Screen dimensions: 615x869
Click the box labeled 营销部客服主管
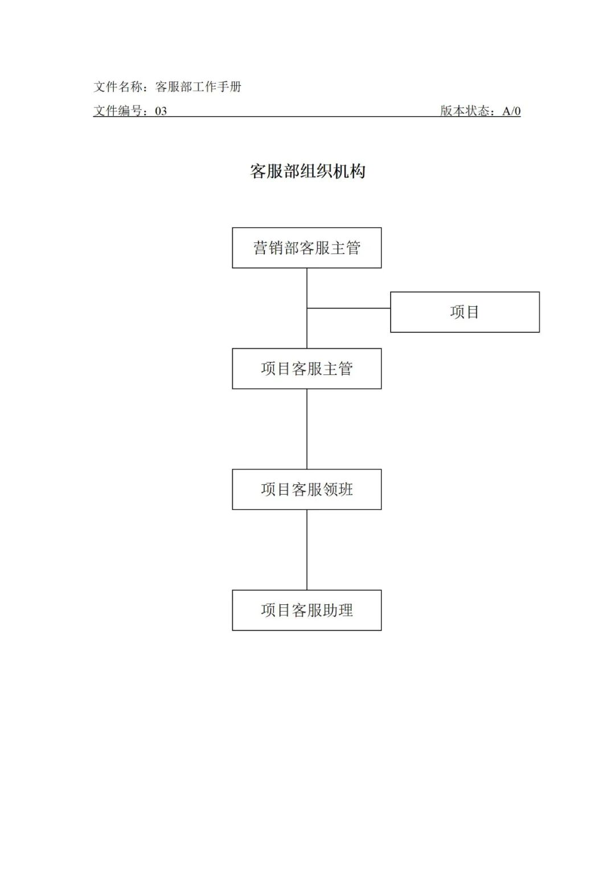click(307, 248)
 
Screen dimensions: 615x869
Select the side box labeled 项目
click(465, 312)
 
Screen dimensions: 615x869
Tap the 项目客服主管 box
click(307, 369)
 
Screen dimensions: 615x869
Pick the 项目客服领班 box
click(307, 489)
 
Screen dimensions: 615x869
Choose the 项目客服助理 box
click(307, 610)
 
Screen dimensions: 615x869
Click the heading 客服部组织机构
click(307, 171)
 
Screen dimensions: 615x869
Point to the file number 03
click(161, 112)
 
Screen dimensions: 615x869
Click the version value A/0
click(511, 112)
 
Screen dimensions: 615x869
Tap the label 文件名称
click(118, 87)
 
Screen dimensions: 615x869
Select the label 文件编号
click(118, 112)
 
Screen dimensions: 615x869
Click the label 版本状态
click(465, 111)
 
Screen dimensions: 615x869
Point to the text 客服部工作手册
click(198, 87)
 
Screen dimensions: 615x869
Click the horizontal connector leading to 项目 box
click(348, 308)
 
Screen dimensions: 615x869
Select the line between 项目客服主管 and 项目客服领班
click(307, 429)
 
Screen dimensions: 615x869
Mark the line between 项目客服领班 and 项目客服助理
click(307, 550)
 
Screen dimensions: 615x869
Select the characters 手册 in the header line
click(229, 87)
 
